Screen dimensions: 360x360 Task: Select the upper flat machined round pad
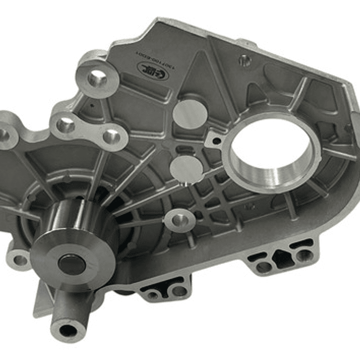[190, 113]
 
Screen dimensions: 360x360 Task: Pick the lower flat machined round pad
[187, 169]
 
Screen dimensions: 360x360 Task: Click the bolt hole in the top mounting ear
[97, 78]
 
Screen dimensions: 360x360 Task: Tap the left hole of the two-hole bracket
[66, 125]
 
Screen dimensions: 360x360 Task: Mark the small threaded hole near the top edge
[244, 61]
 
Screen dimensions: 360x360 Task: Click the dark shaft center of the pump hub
[71, 264]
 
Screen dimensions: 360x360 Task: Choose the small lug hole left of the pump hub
[20, 260]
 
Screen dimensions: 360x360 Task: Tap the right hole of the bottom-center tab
[179, 290]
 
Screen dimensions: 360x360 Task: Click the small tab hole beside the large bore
[216, 141]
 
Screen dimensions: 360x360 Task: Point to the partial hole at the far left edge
[4, 134]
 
